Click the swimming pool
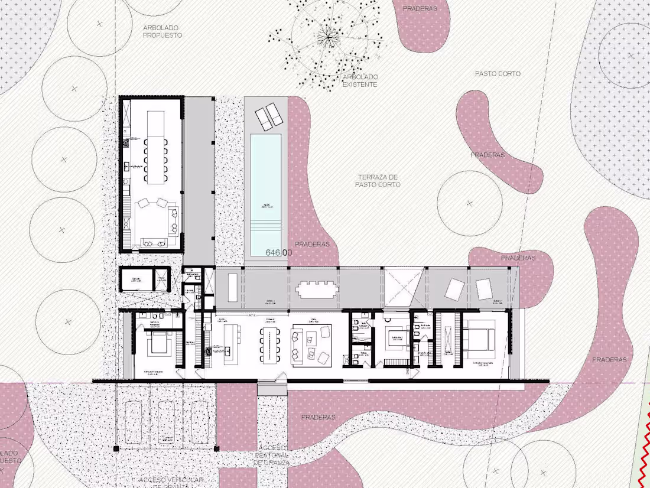click(265, 183)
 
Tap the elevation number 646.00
click(279, 253)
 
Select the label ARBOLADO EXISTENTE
click(360, 81)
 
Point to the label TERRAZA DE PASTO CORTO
click(378, 181)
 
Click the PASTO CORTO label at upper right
click(498, 74)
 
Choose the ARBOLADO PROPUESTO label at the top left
click(162, 31)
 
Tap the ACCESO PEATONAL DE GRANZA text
click(272, 455)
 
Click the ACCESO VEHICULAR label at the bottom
click(172, 481)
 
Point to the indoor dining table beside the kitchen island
click(271, 344)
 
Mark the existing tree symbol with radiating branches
click(326, 38)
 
